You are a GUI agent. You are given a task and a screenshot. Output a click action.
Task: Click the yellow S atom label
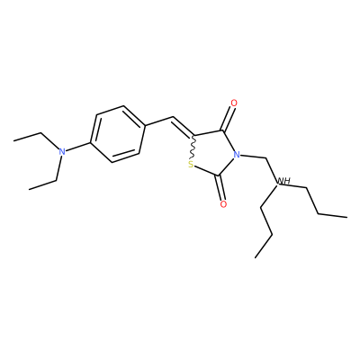tap(190, 165)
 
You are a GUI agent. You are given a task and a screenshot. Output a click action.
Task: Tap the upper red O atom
tap(234, 103)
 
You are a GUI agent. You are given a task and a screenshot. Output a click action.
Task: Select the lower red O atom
tap(223, 204)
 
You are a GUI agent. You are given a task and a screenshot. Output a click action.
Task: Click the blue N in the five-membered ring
tap(237, 155)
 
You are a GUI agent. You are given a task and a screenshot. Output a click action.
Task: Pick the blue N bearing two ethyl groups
tap(62, 151)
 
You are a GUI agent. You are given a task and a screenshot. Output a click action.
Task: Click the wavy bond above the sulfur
tap(193, 148)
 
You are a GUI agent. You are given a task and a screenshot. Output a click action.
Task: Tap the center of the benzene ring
tap(118, 134)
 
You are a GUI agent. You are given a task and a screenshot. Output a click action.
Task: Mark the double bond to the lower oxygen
tap(221, 187)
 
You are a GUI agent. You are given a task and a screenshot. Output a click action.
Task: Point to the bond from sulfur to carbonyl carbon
tap(206, 170)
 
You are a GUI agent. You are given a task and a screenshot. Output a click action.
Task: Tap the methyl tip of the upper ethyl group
tap(13, 140)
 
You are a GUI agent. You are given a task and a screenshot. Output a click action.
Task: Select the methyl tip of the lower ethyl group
tap(29, 189)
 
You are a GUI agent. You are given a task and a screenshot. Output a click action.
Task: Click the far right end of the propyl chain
tap(347, 217)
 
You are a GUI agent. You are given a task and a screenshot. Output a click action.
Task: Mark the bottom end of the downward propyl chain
tap(256, 257)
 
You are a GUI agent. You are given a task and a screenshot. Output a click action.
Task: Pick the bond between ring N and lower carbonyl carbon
tap(228, 166)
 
